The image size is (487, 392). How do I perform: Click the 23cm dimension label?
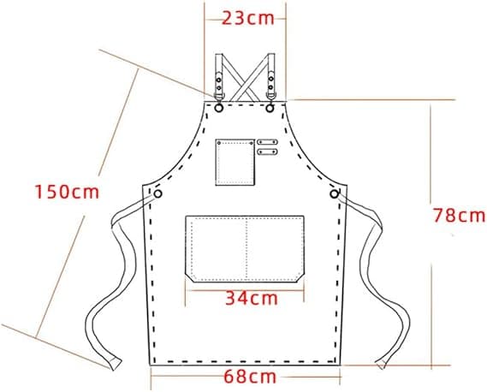[248, 18]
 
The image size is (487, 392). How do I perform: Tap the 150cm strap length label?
[67, 192]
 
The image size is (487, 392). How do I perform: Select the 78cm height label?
[459, 216]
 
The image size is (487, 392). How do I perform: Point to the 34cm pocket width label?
[252, 298]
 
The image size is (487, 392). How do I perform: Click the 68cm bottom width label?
[250, 377]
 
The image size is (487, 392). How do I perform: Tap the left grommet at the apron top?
[218, 108]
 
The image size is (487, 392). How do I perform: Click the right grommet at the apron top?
[270, 108]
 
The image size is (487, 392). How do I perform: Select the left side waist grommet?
[157, 194]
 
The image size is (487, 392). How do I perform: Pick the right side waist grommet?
[334, 194]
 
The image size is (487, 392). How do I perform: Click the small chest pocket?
[235, 162]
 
